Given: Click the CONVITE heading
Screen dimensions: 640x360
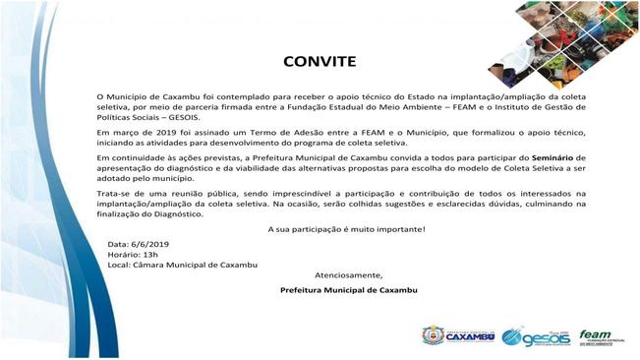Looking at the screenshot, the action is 320,61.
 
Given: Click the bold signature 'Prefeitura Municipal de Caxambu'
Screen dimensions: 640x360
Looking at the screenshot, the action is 348,290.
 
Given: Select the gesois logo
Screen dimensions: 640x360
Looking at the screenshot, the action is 535,336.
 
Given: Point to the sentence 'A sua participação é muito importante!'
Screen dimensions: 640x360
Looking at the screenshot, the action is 347,229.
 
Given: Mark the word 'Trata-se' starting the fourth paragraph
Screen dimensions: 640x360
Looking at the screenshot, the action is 113,185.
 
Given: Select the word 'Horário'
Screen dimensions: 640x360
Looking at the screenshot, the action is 124,253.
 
